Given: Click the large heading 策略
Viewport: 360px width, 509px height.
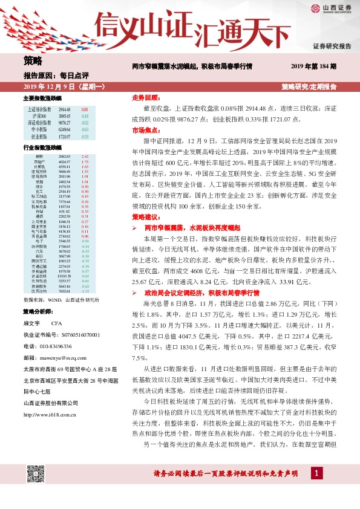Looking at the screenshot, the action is pyautogui.click(x=33, y=60).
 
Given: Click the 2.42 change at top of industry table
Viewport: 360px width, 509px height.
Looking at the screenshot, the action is pyautogui.click(x=85, y=157).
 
